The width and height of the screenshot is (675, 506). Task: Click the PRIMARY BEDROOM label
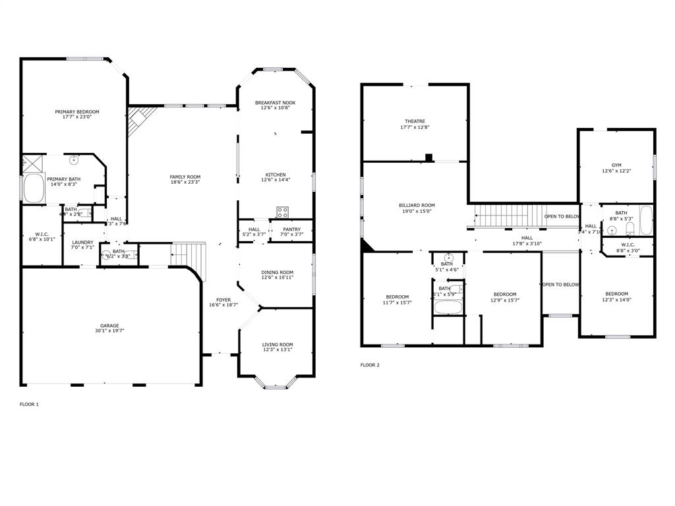(77, 112)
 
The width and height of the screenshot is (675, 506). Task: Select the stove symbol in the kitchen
(282, 212)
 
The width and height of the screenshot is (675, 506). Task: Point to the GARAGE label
(109, 325)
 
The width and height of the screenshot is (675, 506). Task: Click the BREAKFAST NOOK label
(276, 103)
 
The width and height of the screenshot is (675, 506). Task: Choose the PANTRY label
(291, 229)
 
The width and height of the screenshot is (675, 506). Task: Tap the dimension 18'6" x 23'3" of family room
(185, 183)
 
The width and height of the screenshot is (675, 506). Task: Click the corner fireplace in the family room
(138, 120)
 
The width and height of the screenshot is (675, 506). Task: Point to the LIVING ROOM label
(278, 344)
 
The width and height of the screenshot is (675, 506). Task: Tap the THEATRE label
(415, 121)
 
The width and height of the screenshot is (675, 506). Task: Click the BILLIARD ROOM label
(417, 205)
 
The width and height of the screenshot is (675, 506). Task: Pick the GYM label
(616, 165)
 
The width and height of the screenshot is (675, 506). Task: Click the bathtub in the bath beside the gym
(645, 220)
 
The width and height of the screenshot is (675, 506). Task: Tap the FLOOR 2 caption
(370, 365)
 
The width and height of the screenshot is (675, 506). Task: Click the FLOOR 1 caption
(29, 404)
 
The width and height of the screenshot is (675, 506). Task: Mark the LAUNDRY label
(82, 242)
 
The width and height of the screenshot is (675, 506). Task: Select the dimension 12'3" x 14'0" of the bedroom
(616, 300)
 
